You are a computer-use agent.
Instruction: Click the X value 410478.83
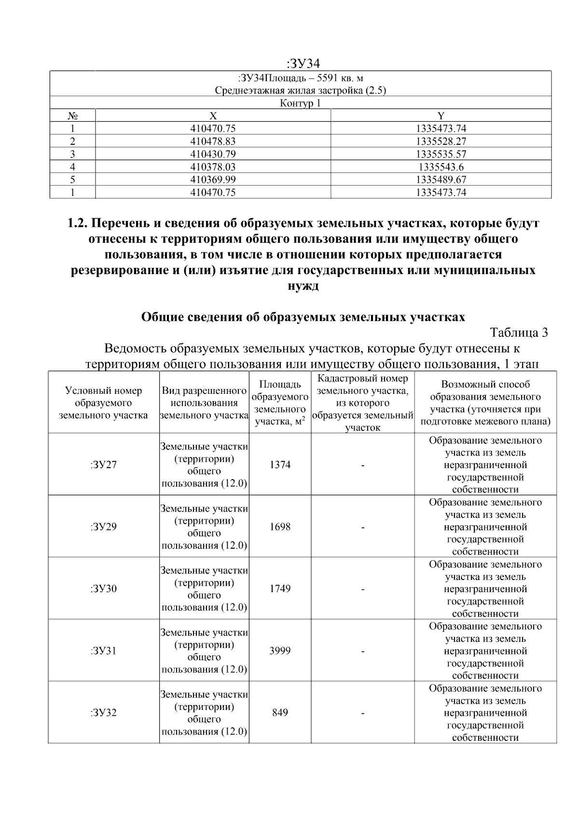213,141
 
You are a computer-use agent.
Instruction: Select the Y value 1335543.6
441,167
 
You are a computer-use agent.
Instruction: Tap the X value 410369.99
213,180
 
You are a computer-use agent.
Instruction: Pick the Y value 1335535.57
441,154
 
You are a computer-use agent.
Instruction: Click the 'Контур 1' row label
300,103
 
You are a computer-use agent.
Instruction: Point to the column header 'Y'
441,116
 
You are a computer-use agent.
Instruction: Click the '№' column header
73,116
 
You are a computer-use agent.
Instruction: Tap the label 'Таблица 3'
519,333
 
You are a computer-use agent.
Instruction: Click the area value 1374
280,465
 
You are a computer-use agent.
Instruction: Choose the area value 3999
280,651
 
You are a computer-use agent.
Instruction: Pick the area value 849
280,713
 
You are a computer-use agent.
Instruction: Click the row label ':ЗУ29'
103,527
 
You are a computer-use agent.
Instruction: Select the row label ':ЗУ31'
103,651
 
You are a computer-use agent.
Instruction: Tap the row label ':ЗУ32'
103,713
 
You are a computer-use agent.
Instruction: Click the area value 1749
280,589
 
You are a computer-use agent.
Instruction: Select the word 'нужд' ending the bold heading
303,286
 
